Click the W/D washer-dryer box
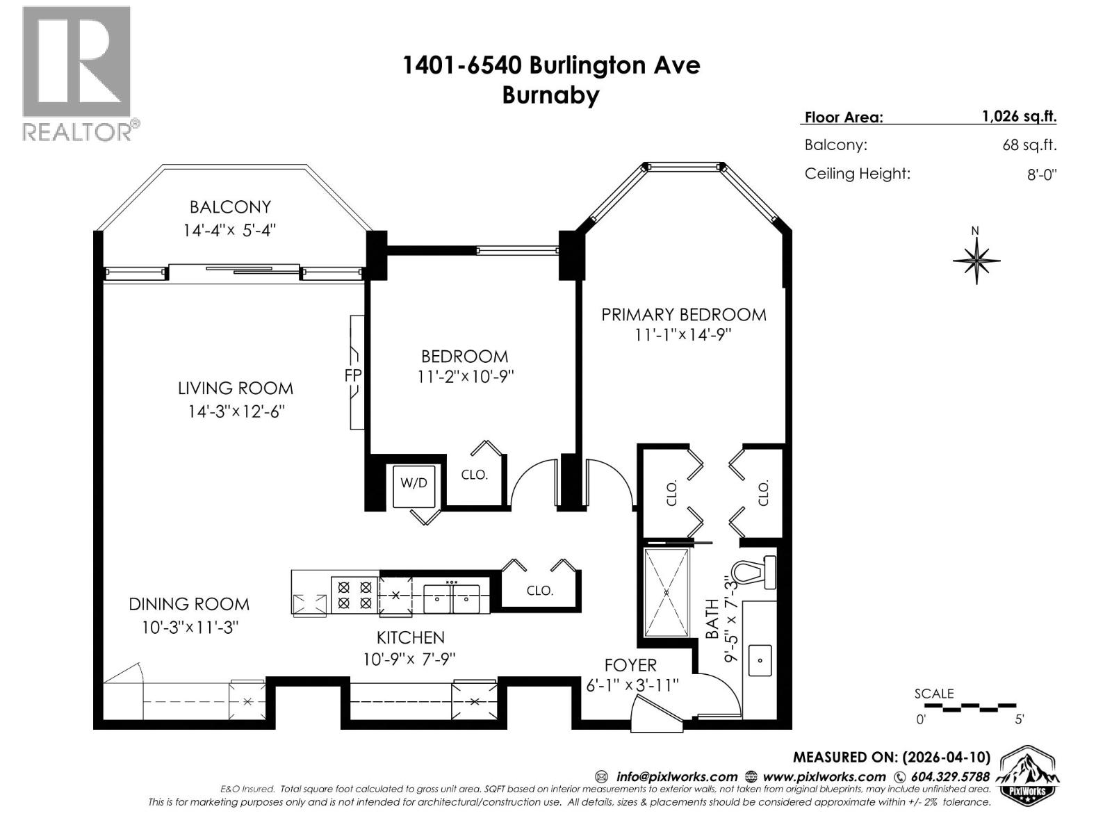tap(414, 482)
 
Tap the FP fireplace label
tap(353, 375)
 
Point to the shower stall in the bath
tap(667, 592)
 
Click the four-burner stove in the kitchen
tap(354, 595)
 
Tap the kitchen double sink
tap(452, 596)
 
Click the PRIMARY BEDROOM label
tap(683, 314)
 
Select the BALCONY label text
tap(230, 206)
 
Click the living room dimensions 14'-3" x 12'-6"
tap(236, 411)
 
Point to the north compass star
tap(976, 261)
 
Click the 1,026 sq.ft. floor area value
tap(1019, 116)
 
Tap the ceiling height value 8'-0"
tap(1041, 174)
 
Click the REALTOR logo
tap(77, 73)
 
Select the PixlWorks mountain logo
tap(1028, 775)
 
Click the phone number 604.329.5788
tap(950, 777)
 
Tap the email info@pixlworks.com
tap(676, 777)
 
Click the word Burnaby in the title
tap(550, 95)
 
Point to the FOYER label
tap(630, 665)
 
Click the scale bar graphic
tap(969, 707)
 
